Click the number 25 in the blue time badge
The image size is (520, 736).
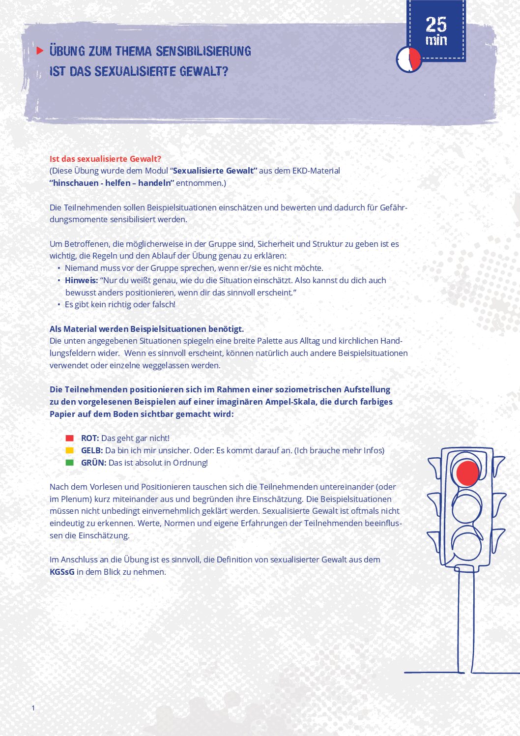coord(436,24)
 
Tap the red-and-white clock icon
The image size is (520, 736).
coord(409,59)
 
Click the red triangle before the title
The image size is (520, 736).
coord(40,50)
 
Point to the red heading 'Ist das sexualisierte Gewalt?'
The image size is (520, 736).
coord(105,159)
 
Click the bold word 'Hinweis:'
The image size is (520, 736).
coord(81,280)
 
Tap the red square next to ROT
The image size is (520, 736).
coord(70,438)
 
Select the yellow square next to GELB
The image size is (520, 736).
coord(70,450)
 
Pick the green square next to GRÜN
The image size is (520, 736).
coord(70,463)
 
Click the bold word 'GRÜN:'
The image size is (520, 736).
coord(93,463)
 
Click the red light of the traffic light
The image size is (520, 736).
coord(467,473)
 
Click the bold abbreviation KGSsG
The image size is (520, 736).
coord(62,572)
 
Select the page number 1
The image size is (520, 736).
coord(33,708)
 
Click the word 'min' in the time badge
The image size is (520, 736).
coord(436,40)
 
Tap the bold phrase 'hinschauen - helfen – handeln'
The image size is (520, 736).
coord(112,183)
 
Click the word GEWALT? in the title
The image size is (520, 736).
coord(204,72)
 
